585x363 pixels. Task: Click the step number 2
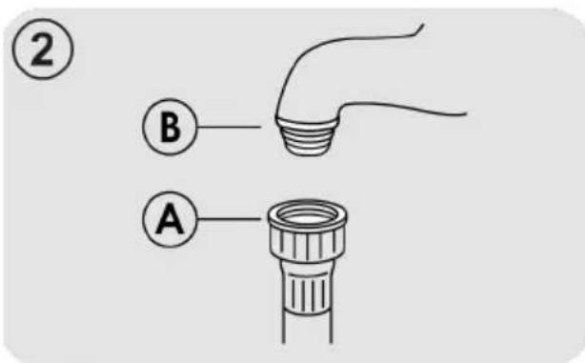(43, 49)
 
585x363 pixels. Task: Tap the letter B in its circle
(170, 127)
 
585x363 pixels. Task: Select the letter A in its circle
(170, 219)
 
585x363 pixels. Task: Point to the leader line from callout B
(229, 127)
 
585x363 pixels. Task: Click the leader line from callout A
(229, 219)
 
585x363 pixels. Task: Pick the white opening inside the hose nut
(308, 216)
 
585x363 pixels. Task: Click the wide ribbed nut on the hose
(308, 244)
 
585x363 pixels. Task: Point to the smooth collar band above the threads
(307, 123)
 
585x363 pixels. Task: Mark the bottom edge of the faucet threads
(308, 153)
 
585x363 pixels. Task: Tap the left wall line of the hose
(284, 329)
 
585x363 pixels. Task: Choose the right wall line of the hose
(331, 329)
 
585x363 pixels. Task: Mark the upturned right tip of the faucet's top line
(423, 25)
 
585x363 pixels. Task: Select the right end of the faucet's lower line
(466, 113)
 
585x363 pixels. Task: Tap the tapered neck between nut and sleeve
(307, 267)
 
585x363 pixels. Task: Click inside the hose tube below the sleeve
(307, 331)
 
